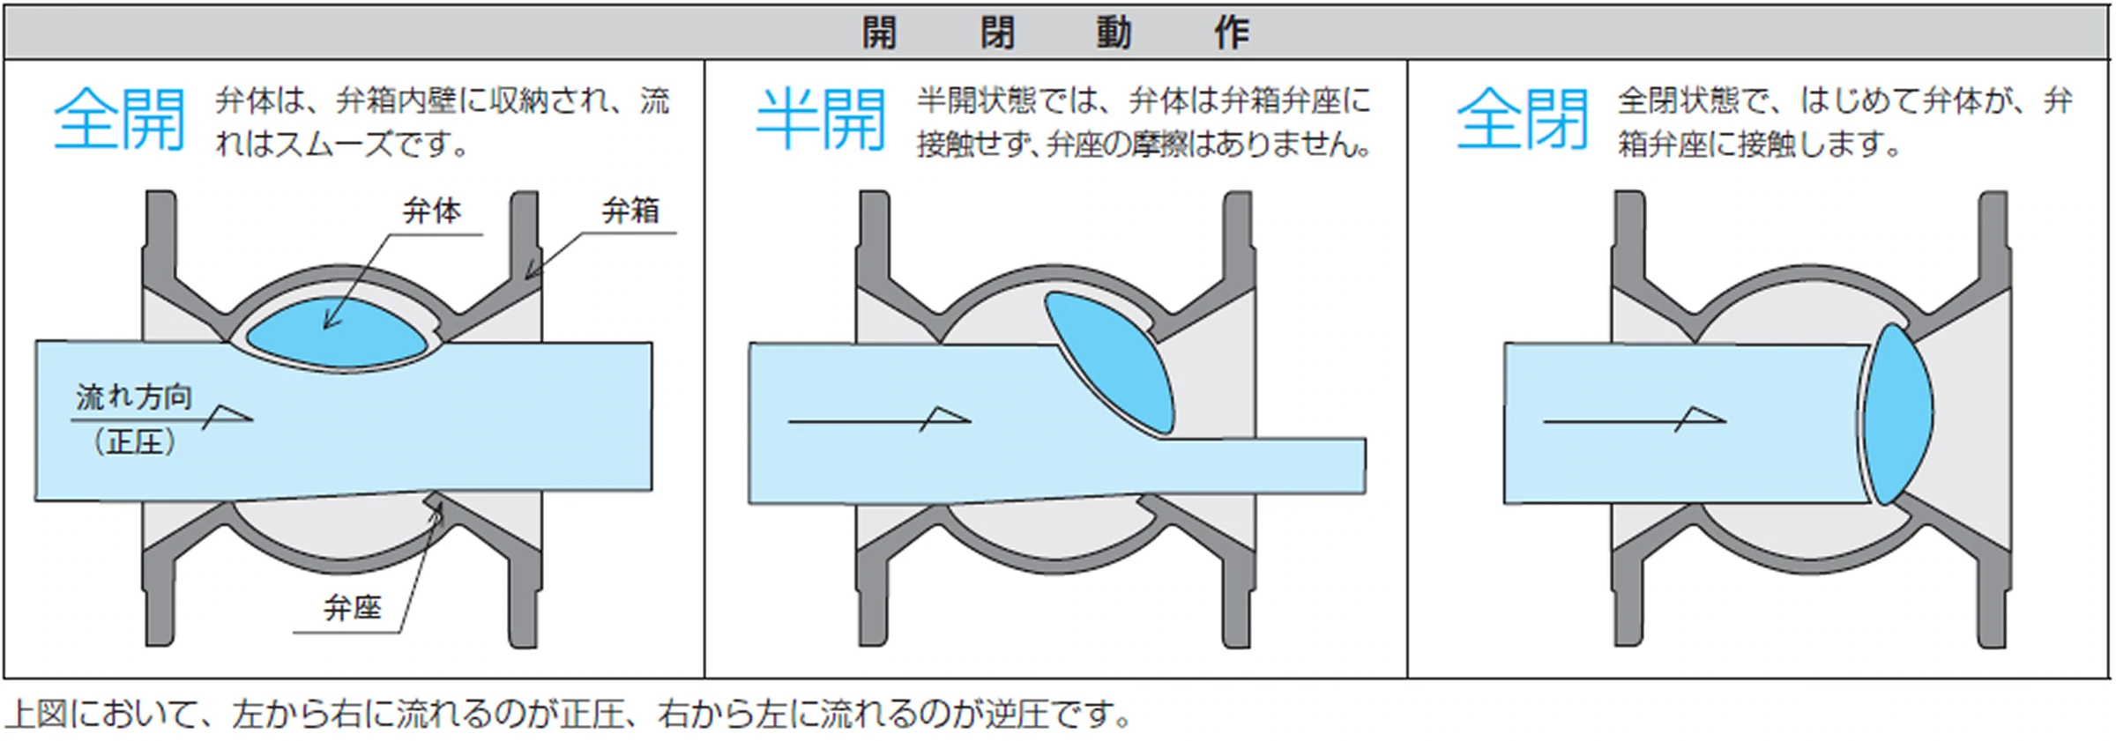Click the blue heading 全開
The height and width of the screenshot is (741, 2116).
click(x=120, y=120)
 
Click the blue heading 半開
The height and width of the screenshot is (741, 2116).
click(x=821, y=120)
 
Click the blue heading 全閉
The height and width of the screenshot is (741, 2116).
click(x=1522, y=120)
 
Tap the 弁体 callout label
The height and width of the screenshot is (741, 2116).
click(x=432, y=211)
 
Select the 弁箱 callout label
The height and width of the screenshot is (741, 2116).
click(x=630, y=211)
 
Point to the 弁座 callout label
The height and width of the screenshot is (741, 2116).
click(x=353, y=608)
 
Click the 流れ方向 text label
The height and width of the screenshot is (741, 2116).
click(x=134, y=397)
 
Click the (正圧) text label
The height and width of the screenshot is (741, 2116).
click(x=134, y=441)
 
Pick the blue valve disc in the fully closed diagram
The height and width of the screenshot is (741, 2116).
click(x=1900, y=414)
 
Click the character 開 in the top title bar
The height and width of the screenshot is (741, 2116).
click(x=879, y=33)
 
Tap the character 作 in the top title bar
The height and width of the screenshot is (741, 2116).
click(x=1231, y=33)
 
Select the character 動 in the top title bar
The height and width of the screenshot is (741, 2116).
click(x=1114, y=33)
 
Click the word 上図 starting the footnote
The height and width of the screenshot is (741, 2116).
click(x=35, y=715)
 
